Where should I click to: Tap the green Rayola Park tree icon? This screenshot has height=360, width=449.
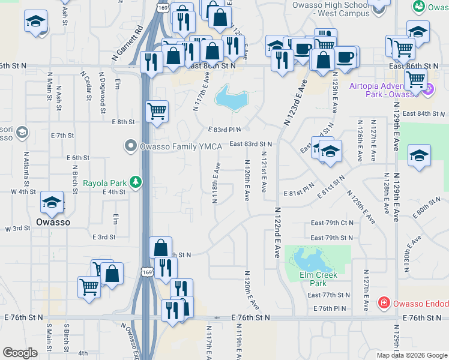point(137,181)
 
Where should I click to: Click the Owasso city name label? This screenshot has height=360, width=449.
point(53,221)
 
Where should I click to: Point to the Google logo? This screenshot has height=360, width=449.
point(20,353)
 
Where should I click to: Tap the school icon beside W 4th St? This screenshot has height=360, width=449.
point(52,202)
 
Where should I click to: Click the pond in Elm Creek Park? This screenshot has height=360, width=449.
point(307,259)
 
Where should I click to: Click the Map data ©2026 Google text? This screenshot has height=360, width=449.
point(411,355)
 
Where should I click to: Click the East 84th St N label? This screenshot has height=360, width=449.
point(426,113)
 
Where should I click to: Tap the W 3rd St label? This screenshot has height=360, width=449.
point(17,229)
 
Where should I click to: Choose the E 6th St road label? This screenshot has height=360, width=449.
point(78,157)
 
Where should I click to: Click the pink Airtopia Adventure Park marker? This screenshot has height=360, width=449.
point(427,91)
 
